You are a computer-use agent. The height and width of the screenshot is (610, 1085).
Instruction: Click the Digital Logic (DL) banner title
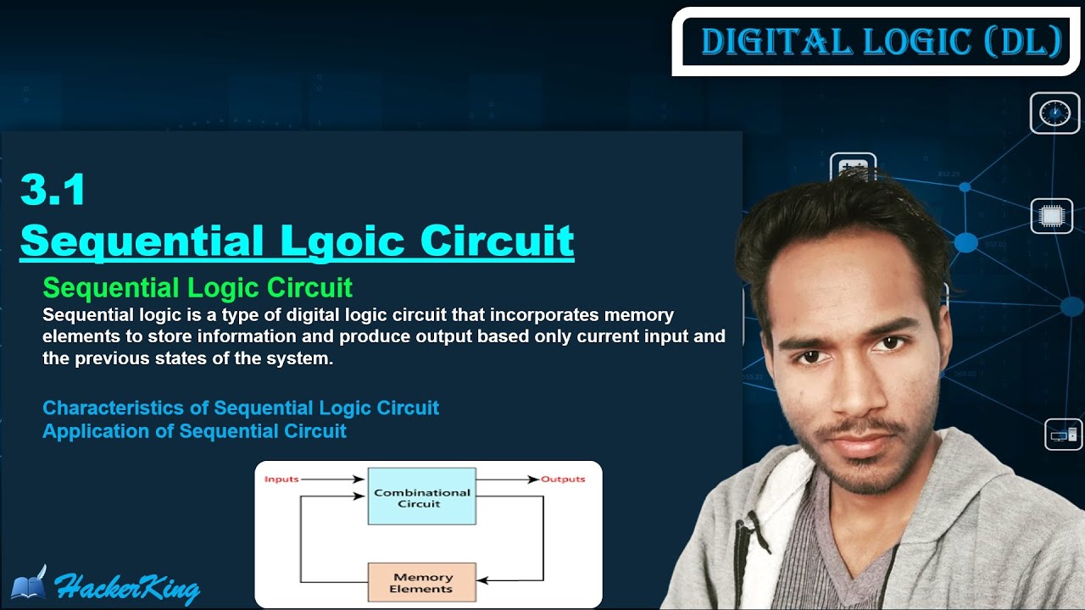[881, 42]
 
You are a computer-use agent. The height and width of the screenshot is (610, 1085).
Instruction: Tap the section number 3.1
[53, 190]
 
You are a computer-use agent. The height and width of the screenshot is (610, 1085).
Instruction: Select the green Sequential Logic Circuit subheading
[198, 288]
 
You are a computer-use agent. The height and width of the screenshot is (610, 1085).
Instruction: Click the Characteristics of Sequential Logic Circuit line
[241, 408]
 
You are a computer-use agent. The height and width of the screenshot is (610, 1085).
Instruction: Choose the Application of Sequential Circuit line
[194, 431]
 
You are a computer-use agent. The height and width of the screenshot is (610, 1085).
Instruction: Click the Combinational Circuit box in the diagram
[421, 497]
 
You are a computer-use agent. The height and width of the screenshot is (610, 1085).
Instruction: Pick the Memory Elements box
[421, 583]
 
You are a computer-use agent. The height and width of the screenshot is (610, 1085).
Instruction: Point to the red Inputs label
[281, 480]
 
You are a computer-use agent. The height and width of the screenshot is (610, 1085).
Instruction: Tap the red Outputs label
[563, 480]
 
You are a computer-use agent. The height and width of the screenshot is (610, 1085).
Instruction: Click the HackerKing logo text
[127, 587]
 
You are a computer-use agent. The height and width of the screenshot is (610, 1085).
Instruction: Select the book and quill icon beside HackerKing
[30, 584]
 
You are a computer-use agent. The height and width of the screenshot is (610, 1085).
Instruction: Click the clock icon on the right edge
[1054, 114]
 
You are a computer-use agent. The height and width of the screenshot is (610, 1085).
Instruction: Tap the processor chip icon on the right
[1051, 217]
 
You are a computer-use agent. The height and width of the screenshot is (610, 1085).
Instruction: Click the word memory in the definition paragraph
[638, 315]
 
